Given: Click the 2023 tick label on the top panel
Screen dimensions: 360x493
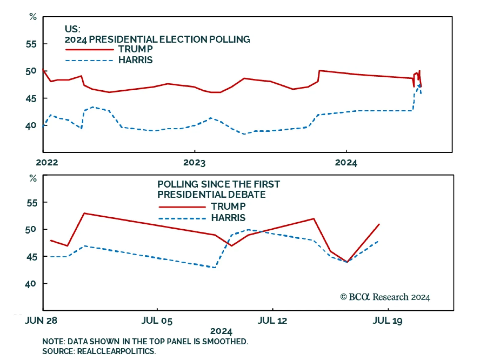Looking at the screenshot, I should [x=194, y=162].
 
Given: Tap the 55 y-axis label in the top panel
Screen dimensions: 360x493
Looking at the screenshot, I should [x=31, y=44].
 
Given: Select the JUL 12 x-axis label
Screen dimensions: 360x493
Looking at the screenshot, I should [x=272, y=321].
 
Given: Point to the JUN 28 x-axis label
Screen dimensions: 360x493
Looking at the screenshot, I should [x=41, y=321].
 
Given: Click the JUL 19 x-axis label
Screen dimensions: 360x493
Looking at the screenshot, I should [x=388, y=321].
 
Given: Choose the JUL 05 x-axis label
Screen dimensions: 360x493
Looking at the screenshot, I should [x=157, y=321].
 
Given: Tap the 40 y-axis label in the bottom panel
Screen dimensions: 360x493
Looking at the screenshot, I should [x=31, y=284].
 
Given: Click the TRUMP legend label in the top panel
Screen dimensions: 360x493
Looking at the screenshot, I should [x=136, y=49].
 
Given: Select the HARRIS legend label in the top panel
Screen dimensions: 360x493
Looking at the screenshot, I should [x=136, y=60].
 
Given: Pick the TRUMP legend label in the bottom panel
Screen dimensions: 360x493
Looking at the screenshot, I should [x=228, y=206].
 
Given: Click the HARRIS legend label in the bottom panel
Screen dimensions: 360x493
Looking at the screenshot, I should [x=228, y=218].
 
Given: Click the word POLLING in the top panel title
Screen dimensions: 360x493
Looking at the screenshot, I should [x=230, y=39].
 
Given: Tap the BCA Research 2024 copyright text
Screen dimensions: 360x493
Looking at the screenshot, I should [x=385, y=297].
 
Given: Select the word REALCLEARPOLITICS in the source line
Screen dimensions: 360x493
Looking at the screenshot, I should [x=116, y=351].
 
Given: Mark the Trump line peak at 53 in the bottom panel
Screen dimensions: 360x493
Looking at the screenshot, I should [x=84, y=213].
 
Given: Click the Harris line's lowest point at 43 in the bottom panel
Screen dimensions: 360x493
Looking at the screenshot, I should [x=214, y=267].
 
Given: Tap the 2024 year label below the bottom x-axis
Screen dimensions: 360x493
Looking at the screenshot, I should [x=221, y=331].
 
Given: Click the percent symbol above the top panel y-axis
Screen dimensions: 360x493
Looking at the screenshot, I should [x=33, y=17].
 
